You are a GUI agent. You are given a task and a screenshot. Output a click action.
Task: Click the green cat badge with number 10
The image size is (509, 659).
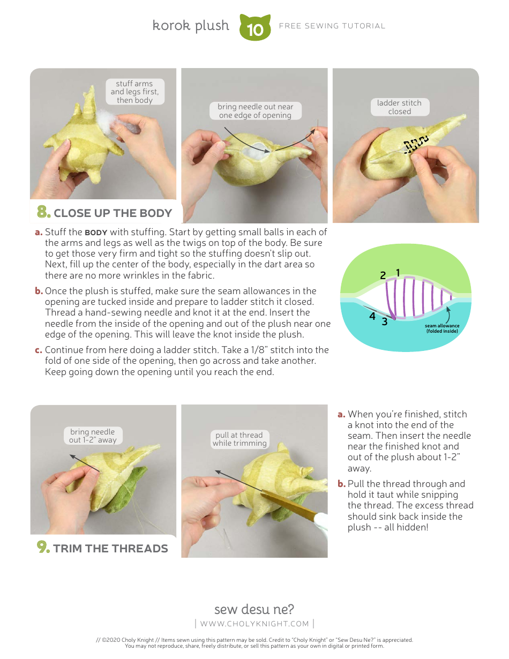pos(255,28)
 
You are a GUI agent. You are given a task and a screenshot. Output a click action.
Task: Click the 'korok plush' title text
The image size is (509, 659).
pos(191,26)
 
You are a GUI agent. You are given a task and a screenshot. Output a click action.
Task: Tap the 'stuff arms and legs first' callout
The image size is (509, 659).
pos(135,92)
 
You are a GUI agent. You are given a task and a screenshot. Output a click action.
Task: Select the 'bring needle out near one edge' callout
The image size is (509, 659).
pos(255,111)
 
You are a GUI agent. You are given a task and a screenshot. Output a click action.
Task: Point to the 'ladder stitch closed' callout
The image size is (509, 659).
pos(399,107)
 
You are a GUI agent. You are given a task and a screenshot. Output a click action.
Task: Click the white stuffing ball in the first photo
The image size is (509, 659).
pos(117,118)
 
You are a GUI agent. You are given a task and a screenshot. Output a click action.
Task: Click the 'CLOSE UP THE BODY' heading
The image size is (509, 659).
pos(113,213)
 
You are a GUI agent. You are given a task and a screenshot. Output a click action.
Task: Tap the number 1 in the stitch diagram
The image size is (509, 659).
pos(398,273)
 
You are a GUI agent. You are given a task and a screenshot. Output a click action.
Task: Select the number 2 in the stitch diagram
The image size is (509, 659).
pos(383,275)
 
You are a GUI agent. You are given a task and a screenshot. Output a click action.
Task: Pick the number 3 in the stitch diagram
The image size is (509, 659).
pos(384,322)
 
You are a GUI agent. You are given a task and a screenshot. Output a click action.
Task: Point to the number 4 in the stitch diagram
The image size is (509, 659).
pos(372,317)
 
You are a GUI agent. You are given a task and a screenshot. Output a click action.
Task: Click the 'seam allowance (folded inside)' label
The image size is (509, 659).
pos(443,328)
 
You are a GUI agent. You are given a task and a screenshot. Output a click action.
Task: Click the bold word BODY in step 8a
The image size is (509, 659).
pos(96,233)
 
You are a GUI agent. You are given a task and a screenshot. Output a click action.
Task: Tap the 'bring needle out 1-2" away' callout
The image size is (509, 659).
pos(93,436)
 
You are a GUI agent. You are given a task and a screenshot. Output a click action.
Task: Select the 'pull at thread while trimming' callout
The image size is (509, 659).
pos(239,439)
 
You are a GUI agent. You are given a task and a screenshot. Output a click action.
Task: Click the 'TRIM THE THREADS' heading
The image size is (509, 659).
pos(110,548)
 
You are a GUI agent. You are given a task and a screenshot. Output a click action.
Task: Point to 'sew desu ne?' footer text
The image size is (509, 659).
pos(254,609)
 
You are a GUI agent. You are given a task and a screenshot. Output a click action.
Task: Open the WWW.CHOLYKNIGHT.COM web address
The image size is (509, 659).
pos(254,624)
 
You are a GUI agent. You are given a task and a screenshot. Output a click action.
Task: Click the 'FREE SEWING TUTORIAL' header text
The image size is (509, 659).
pos(332,26)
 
